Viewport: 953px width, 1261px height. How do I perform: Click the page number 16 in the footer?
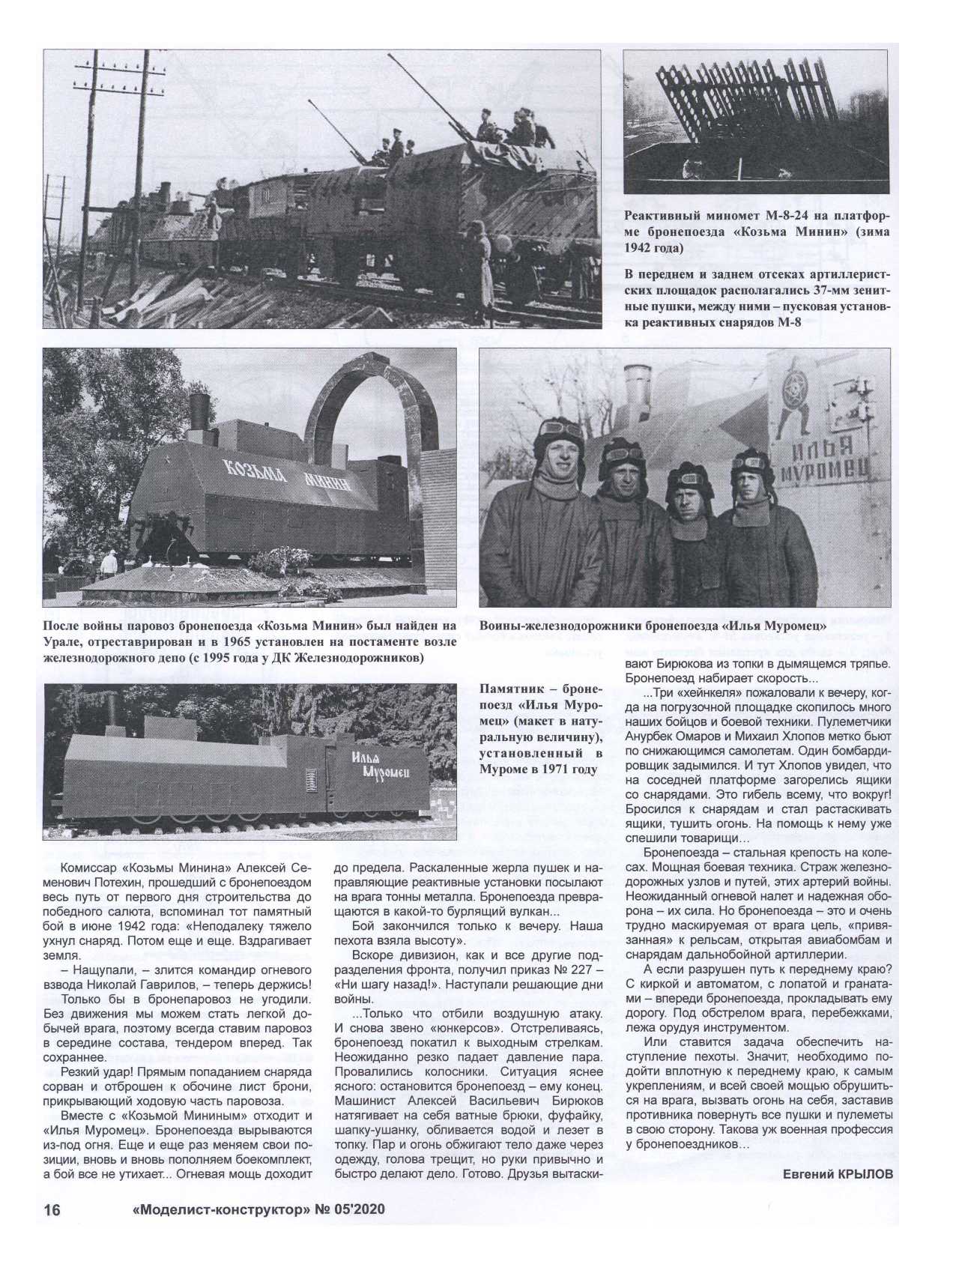coord(52,1210)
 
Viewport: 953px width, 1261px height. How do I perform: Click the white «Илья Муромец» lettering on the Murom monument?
coord(378,764)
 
